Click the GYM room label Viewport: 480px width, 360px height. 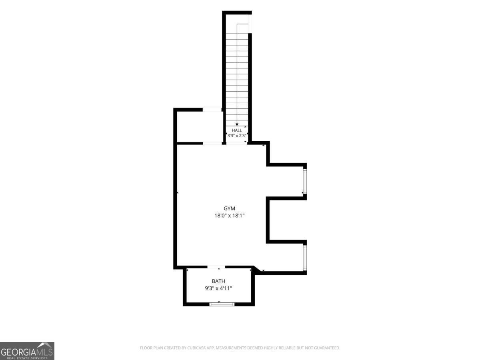click(x=229, y=208)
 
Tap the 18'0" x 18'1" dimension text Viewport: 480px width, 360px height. click(x=229, y=216)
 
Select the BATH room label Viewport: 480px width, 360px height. click(x=218, y=281)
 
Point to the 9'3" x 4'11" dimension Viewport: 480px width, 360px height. click(x=218, y=288)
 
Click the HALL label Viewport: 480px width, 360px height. click(x=237, y=130)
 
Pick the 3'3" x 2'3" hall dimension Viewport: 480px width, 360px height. click(x=237, y=136)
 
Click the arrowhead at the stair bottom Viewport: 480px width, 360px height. click(x=237, y=124)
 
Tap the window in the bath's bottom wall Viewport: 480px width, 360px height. click(x=222, y=304)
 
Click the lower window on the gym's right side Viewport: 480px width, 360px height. click(x=305, y=258)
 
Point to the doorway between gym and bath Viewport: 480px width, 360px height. click(x=216, y=267)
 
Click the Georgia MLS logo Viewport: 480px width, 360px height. click(x=27, y=351)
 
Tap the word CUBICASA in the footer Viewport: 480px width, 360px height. click(x=196, y=348)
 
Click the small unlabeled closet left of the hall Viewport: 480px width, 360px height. click(x=200, y=127)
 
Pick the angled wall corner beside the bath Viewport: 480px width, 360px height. click(x=257, y=269)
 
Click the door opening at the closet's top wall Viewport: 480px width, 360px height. click(x=212, y=110)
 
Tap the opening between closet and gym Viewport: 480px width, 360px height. click(x=212, y=143)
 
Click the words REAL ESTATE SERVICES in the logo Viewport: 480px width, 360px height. click(x=27, y=358)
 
